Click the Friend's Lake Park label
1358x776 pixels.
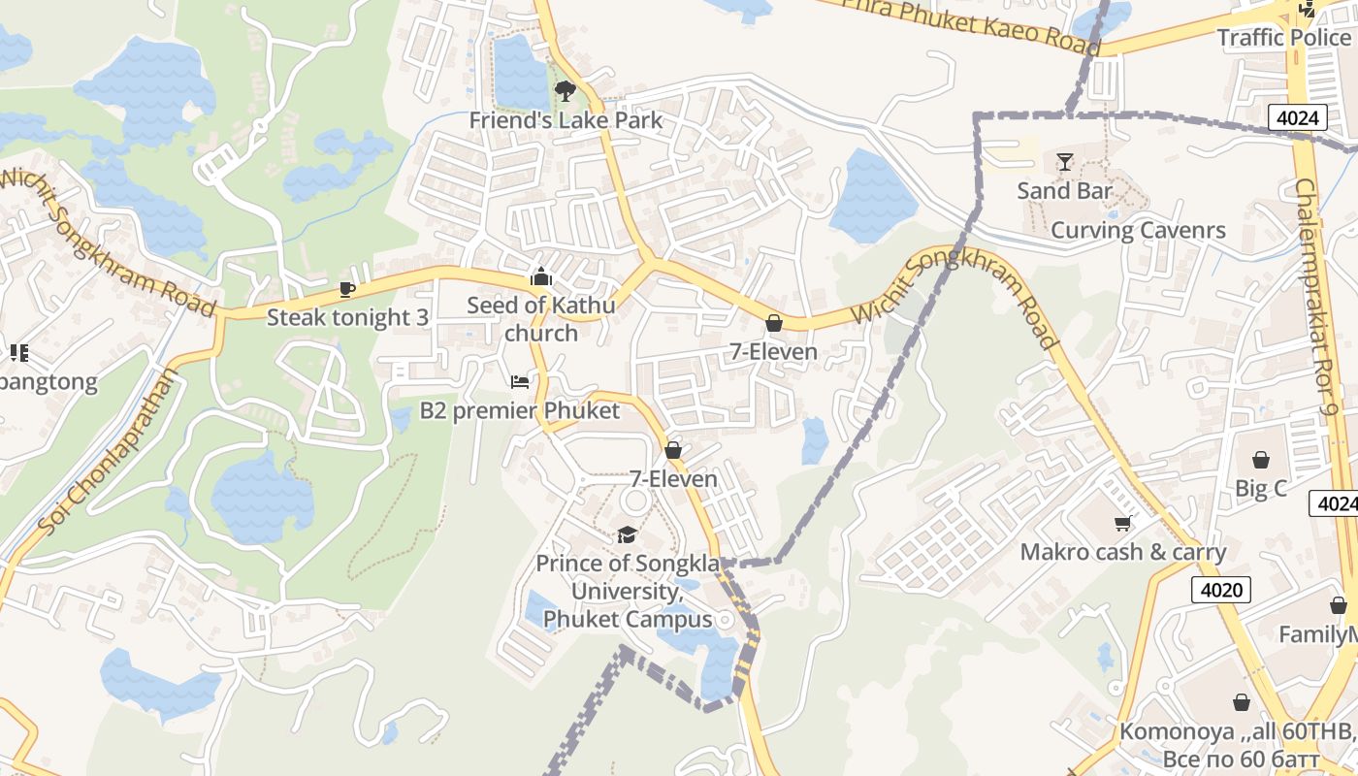click(x=566, y=120)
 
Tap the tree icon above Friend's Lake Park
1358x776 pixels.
click(x=565, y=91)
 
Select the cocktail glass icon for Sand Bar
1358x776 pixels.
click(x=1065, y=161)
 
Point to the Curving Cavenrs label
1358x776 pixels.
click(x=1138, y=231)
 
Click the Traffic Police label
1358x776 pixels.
click(x=1283, y=38)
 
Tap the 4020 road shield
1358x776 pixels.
click(x=1220, y=589)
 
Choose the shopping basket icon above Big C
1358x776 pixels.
click(x=1261, y=459)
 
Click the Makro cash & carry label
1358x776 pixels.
click(x=1123, y=552)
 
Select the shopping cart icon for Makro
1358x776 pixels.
click(x=1122, y=524)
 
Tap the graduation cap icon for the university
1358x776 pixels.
click(x=628, y=534)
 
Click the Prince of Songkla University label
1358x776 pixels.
click(x=628, y=591)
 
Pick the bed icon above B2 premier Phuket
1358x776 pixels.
click(x=520, y=381)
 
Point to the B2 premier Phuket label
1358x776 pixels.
click(x=519, y=410)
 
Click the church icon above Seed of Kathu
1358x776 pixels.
click(x=541, y=276)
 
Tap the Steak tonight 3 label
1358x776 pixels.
click(x=347, y=317)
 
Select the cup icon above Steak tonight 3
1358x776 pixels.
click(x=347, y=289)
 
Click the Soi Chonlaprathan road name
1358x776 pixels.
click(x=110, y=452)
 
